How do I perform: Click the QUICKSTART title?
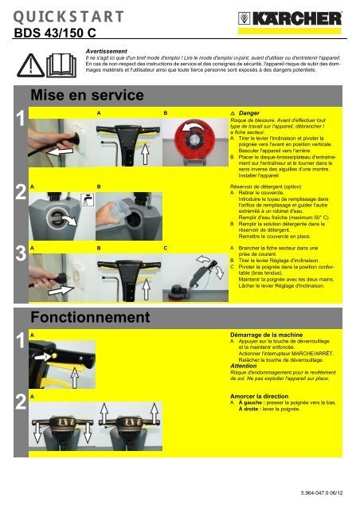coord(68,16)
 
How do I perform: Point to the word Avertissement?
coord(108,49)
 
